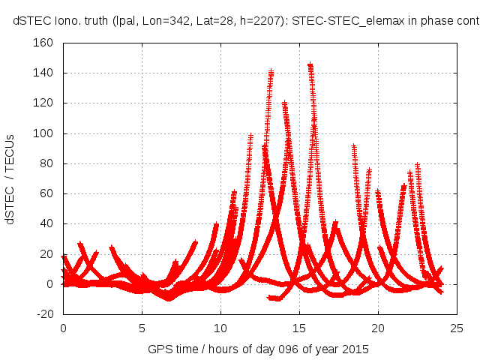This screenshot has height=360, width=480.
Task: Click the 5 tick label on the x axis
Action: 142,328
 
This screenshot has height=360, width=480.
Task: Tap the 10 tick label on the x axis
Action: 220,328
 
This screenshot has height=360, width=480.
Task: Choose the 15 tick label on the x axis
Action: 299,328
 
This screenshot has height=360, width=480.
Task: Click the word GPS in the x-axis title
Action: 159,349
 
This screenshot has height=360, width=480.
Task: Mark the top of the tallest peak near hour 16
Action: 310,65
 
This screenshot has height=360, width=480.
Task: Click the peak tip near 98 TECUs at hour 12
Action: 250,136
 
